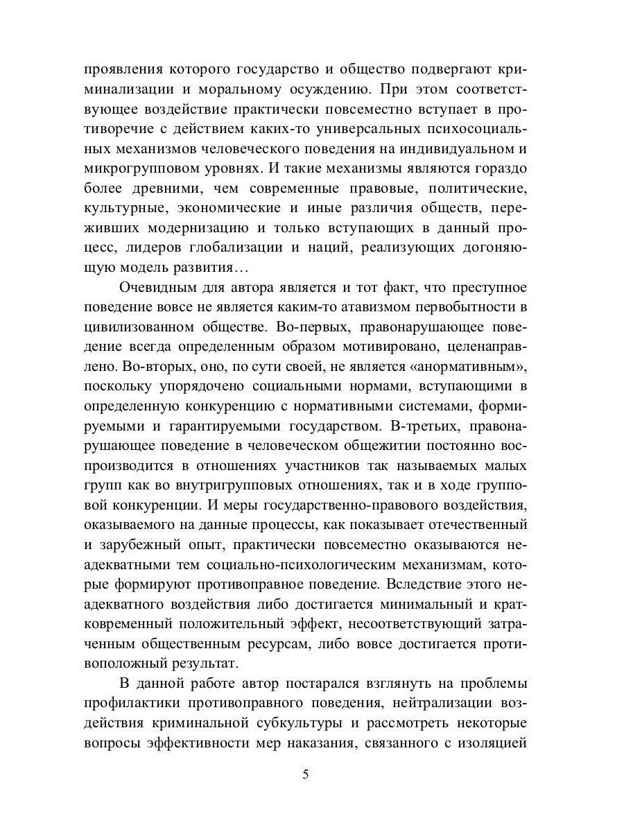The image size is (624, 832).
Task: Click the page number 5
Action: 306,775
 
